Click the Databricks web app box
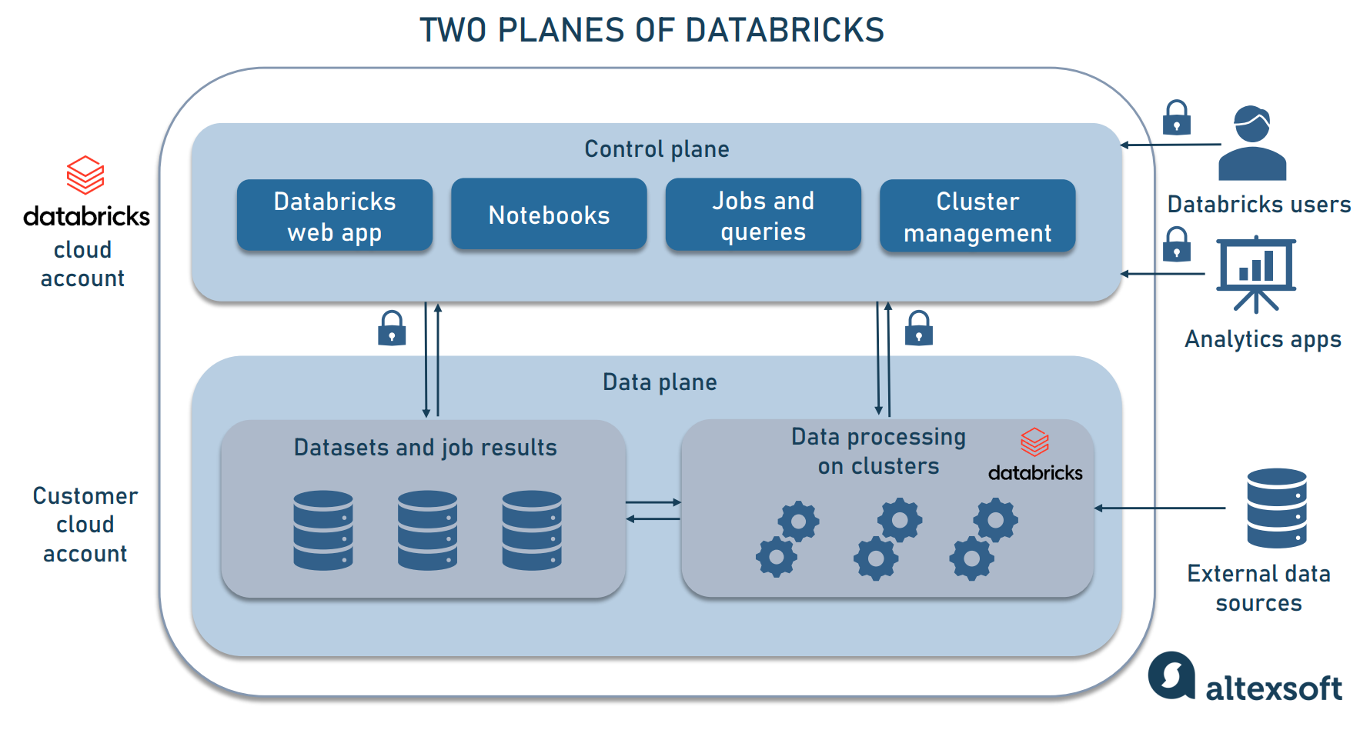point(334,216)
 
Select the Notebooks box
point(549,215)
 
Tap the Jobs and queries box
point(763,215)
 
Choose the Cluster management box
point(977,216)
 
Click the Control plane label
point(657,148)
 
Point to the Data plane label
point(660,382)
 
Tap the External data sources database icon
point(1276,508)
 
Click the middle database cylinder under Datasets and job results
point(427,530)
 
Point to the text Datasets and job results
point(425,448)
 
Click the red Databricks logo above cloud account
point(85,175)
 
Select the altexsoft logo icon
point(1171,676)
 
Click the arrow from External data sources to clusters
point(1160,508)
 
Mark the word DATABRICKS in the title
point(784,31)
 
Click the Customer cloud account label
point(85,525)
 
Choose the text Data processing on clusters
point(878,452)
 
